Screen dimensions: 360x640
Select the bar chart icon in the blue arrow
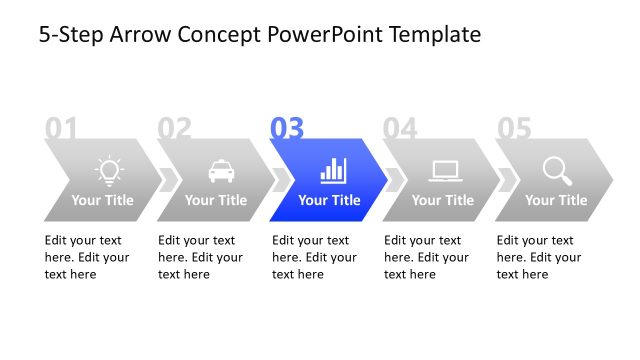tap(333, 170)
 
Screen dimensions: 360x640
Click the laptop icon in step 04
tap(445, 171)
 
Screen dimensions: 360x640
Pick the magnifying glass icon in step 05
tap(557, 171)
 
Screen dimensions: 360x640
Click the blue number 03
tap(287, 128)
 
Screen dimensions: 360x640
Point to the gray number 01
tap(61, 128)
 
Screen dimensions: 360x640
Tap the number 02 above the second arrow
tap(174, 128)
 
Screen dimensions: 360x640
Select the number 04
tap(400, 128)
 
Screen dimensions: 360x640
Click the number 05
tap(513, 128)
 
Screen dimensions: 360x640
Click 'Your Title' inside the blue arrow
tap(329, 200)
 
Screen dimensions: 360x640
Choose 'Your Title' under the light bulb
tap(102, 200)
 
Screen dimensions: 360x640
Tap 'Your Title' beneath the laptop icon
tap(443, 200)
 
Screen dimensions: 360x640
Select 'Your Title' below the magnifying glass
tap(556, 200)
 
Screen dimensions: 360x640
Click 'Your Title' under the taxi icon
tap(216, 200)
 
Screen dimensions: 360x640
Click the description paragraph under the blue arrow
tap(313, 257)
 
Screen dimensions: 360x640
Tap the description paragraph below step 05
tap(538, 257)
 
